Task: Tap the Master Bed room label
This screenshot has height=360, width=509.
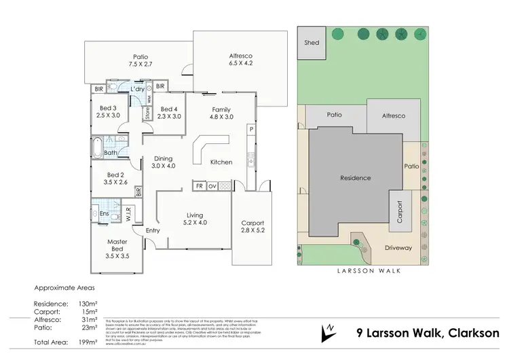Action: pos(117,249)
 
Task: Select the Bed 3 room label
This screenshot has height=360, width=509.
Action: pos(109,112)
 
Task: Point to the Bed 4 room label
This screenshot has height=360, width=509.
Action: pos(170,112)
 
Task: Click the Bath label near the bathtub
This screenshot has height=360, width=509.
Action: pos(110,153)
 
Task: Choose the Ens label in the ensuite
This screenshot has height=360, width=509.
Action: pos(105,214)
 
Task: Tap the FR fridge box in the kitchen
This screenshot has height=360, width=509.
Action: pos(200,185)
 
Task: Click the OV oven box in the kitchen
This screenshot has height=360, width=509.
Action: pos(212,185)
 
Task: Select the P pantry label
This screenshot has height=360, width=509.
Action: pos(250,129)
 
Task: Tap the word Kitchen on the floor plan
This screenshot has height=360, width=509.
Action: pos(221,162)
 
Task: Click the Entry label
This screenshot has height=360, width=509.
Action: pos(153,231)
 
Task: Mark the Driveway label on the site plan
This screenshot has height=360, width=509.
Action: pos(398,248)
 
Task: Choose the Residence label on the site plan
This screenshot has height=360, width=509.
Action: pos(356,178)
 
